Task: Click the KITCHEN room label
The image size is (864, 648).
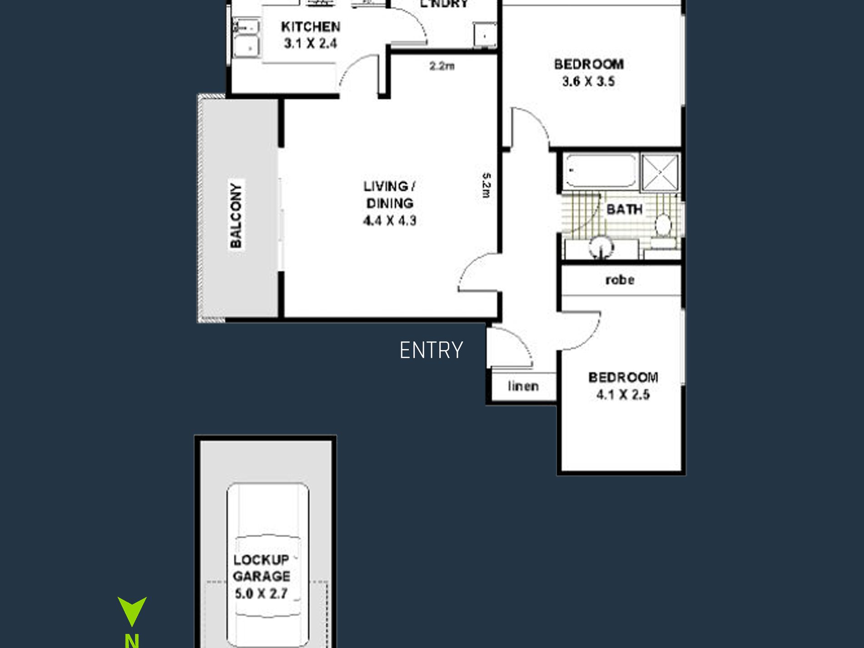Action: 311,27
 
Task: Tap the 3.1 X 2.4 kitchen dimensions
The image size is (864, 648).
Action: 311,44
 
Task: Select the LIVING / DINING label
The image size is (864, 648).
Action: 389,195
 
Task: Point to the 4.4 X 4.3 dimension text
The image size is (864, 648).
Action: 390,221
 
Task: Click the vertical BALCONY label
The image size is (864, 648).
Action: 236,215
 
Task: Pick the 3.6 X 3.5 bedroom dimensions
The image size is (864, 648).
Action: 589,81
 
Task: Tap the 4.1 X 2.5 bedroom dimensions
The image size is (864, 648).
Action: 623,394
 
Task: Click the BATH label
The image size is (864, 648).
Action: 624,210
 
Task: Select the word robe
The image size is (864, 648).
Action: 620,280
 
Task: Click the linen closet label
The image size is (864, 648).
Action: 523,386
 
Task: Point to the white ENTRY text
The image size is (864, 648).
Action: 431,350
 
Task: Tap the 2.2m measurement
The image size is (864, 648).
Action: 442,66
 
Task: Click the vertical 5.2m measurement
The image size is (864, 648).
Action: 486,185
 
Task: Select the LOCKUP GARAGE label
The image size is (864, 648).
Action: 261,568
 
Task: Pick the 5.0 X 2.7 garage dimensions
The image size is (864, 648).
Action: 261,593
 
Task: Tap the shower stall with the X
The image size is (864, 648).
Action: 660,172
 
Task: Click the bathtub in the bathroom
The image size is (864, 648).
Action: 601,171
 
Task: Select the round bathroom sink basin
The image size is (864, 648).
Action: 601,248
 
